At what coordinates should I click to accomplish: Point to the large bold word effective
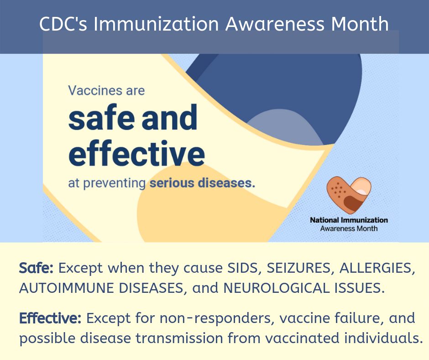tap(136, 154)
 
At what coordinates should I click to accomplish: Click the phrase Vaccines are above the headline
tap(106, 90)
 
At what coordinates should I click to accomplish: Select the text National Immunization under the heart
tap(349, 220)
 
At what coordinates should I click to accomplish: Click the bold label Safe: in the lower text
tap(37, 268)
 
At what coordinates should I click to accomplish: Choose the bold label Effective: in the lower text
tap(50, 318)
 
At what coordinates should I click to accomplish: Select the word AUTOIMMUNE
tap(68, 289)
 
